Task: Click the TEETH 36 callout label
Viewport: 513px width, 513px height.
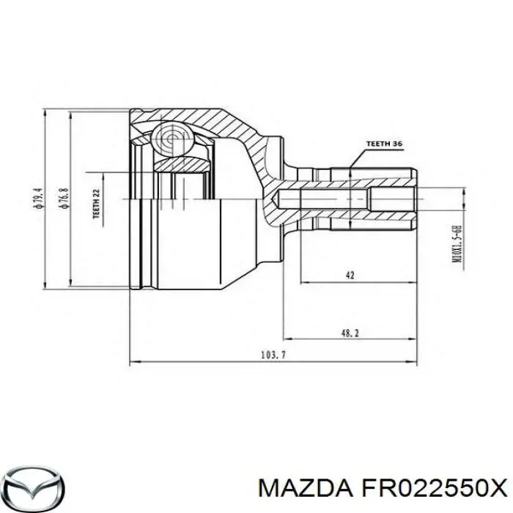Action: click(x=384, y=144)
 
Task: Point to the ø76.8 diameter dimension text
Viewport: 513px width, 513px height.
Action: click(x=64, y=199)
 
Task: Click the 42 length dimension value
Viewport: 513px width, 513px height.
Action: click(x=350, y=275)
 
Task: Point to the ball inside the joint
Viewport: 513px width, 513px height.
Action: click(x=172, y=137)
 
